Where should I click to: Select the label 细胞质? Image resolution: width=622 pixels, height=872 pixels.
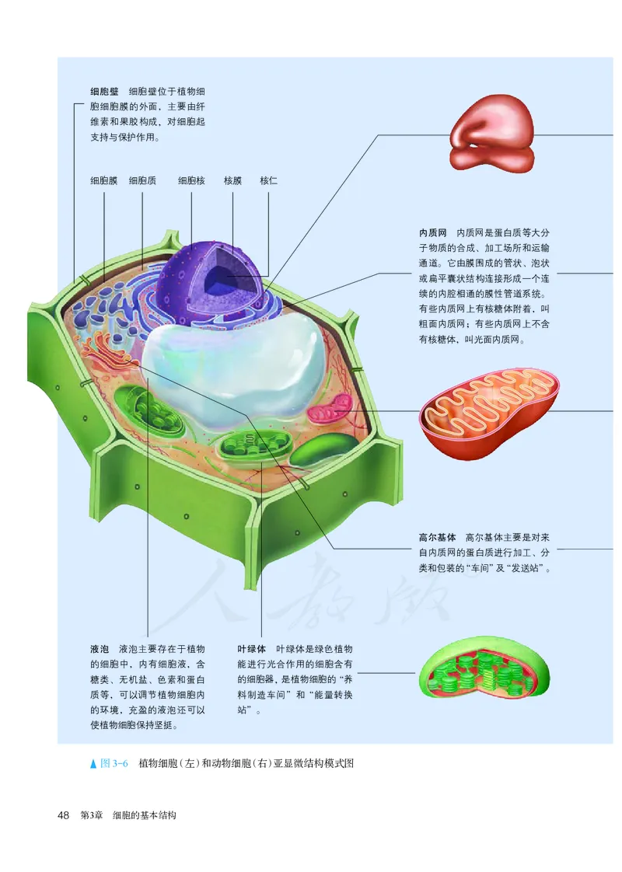pyautogui.click(x=142, y=180)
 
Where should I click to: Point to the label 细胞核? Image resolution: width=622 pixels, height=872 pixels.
pyautogui.click(x=191, y=180)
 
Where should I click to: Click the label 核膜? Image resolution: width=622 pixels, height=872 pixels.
pyautogui.click(x=232, y=180)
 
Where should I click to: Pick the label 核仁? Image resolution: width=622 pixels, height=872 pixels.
pyautogui.click(x=268, y=180)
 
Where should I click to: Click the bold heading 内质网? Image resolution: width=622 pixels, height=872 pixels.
pyautogui.click(x=432, y=232)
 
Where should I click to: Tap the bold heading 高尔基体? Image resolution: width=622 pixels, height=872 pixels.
pyautogui.click(x=437, y=537)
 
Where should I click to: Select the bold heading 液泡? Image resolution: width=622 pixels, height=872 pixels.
pyautogui.click(x=99, y=648)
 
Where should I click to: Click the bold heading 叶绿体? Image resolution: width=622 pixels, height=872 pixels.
pyautogui.click(x=252, y=648)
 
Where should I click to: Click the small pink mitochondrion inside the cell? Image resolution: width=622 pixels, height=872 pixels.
pyautogui.click(x=332, y=406)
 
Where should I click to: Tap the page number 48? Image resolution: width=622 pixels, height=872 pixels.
pyautogui.click(x=65, y=815)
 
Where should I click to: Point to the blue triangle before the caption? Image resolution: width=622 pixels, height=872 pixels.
pyautogui.click(x=94, y=763)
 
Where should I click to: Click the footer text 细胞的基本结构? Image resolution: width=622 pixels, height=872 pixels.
pyautogui.click(x=145, y=815)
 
